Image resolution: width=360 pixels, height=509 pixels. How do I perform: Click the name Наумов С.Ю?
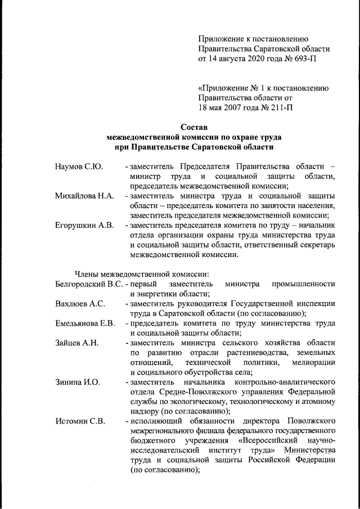click(x=78, y=168)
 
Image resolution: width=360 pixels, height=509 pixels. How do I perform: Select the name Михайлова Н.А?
click(x=84, y=196)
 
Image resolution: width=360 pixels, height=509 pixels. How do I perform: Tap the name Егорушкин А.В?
click(x=84, y=225)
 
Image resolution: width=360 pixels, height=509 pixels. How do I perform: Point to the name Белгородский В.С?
click(x=89, y=284)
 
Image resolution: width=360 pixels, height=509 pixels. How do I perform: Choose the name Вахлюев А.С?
click(x=80, y=304)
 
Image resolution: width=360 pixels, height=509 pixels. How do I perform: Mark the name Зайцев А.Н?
click(x=77, y=343)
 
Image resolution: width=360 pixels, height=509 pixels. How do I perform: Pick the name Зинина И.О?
click(x=78, y=382)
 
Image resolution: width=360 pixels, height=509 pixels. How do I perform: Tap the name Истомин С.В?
click(x=80, y=421)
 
